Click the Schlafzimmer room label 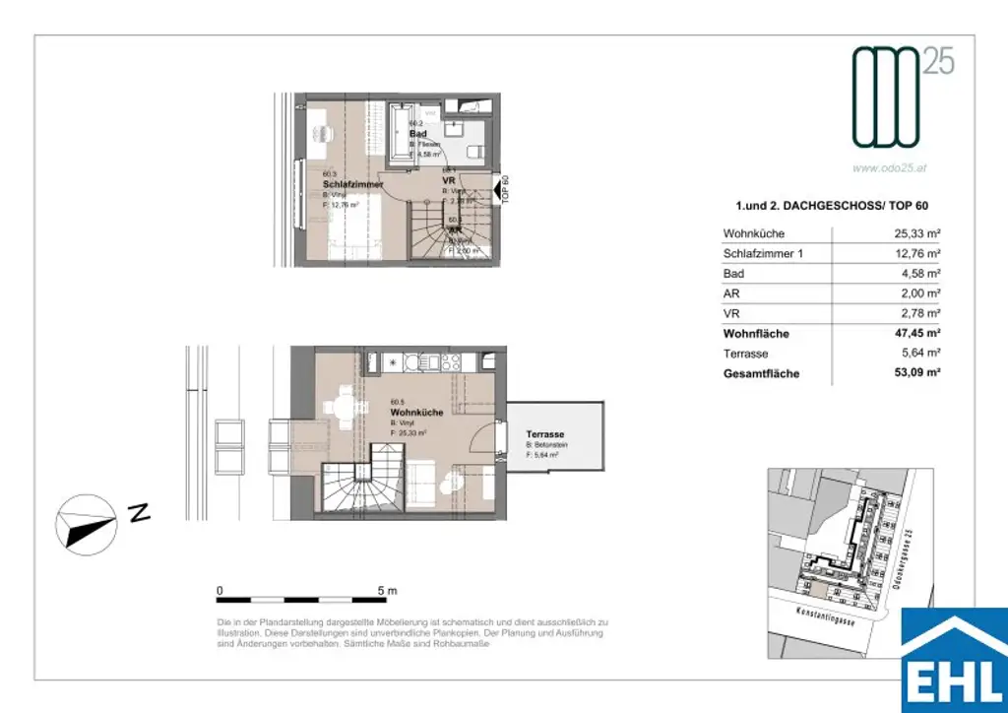(x=352, y=184)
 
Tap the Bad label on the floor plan (x=417, y=133)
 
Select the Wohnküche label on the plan (x=416, y=413)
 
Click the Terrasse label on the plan (x=544, y=434)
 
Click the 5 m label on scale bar (x=386, y=591)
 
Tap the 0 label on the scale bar (x=220, y=591)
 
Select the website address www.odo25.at (x=889, y=167)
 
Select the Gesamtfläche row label (x=761, y=374)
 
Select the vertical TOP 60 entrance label (x=505, y=188)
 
